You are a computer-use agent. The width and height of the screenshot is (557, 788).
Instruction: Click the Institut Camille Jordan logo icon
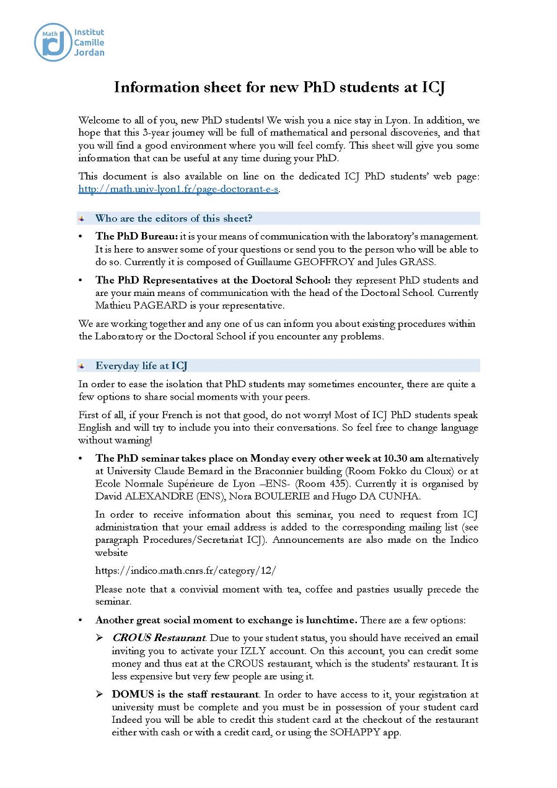53,42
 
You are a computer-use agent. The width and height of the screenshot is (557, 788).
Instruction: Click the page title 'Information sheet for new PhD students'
279,87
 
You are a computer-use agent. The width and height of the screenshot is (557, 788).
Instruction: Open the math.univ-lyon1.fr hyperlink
178,189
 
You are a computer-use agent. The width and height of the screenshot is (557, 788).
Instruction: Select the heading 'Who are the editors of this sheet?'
173,218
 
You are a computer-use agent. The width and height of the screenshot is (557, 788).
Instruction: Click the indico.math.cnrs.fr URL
185,570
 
